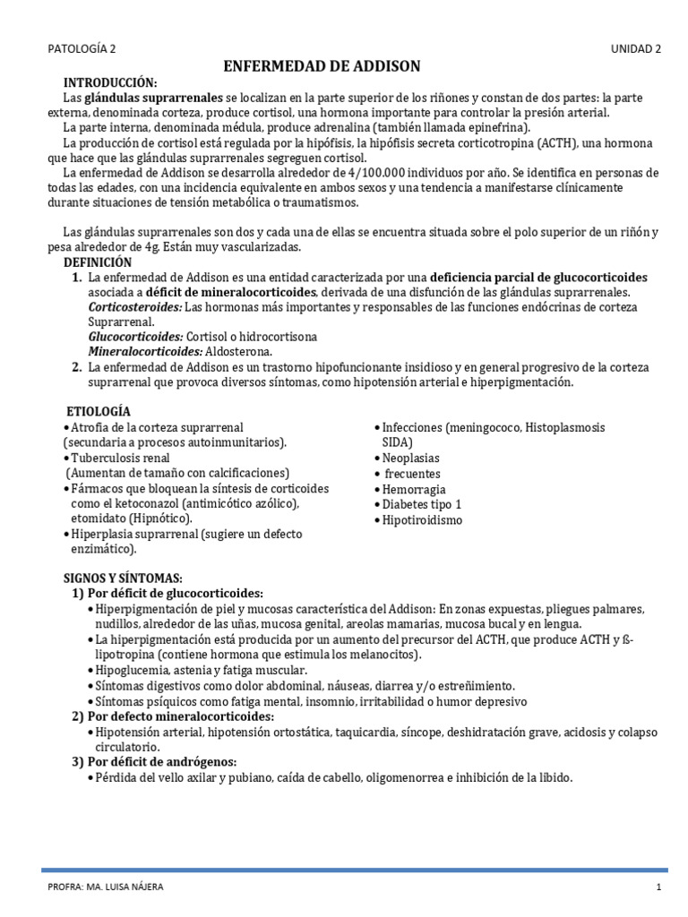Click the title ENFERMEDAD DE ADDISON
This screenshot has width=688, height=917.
coord(321,67)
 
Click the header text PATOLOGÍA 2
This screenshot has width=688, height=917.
coord(81,49)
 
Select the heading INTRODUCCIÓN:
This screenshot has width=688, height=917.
coord(110,82)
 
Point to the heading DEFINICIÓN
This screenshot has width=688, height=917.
coord(98,262)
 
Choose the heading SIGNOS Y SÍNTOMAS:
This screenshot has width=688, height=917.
coord(123,578)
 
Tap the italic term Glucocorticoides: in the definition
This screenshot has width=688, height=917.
coord(135,337)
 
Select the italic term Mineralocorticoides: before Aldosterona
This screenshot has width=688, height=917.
coord(143,352)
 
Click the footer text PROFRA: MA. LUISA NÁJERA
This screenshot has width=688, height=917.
coord(106,887)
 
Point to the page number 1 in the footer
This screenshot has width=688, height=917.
coord(658,887)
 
